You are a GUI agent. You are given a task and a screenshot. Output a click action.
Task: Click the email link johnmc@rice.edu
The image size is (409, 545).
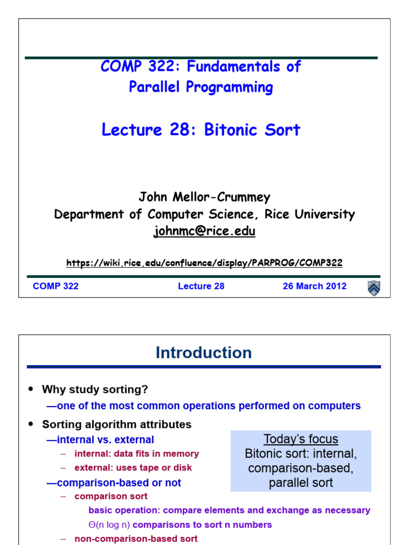(204, 231)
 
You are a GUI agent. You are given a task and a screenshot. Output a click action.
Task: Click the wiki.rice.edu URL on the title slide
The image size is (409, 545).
(204, 263)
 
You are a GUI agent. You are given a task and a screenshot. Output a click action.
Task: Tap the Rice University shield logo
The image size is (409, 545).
(374, 287)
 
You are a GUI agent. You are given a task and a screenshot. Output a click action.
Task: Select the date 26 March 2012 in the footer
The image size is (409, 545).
(314, 286)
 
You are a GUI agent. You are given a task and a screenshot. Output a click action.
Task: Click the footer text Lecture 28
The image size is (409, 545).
(201, 286)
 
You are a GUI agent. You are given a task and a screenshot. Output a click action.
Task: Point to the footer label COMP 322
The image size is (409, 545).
(55, 286)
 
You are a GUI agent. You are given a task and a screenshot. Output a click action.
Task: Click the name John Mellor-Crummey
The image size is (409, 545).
(204, 197)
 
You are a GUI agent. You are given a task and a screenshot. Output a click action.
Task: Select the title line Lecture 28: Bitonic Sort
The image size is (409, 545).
(201, 130)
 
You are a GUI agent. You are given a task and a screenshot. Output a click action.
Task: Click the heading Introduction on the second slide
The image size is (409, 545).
(203, 353)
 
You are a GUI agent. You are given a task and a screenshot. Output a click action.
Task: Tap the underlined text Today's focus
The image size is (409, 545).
(301, 440)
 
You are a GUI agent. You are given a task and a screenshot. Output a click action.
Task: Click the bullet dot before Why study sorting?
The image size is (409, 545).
(30, 390)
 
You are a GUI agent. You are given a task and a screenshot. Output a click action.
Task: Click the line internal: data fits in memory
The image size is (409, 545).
(136, 454)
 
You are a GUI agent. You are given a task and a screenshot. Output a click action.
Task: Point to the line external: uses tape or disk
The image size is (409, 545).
(133, 468)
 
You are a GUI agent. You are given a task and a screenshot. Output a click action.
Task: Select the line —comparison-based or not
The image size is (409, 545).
(114, 483)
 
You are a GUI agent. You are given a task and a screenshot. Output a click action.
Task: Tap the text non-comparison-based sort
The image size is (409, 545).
(136, 539)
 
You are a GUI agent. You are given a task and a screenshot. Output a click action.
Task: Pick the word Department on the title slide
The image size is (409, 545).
(84, 214)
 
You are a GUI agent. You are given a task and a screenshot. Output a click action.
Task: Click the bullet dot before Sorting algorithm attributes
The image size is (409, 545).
(30, 425)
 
